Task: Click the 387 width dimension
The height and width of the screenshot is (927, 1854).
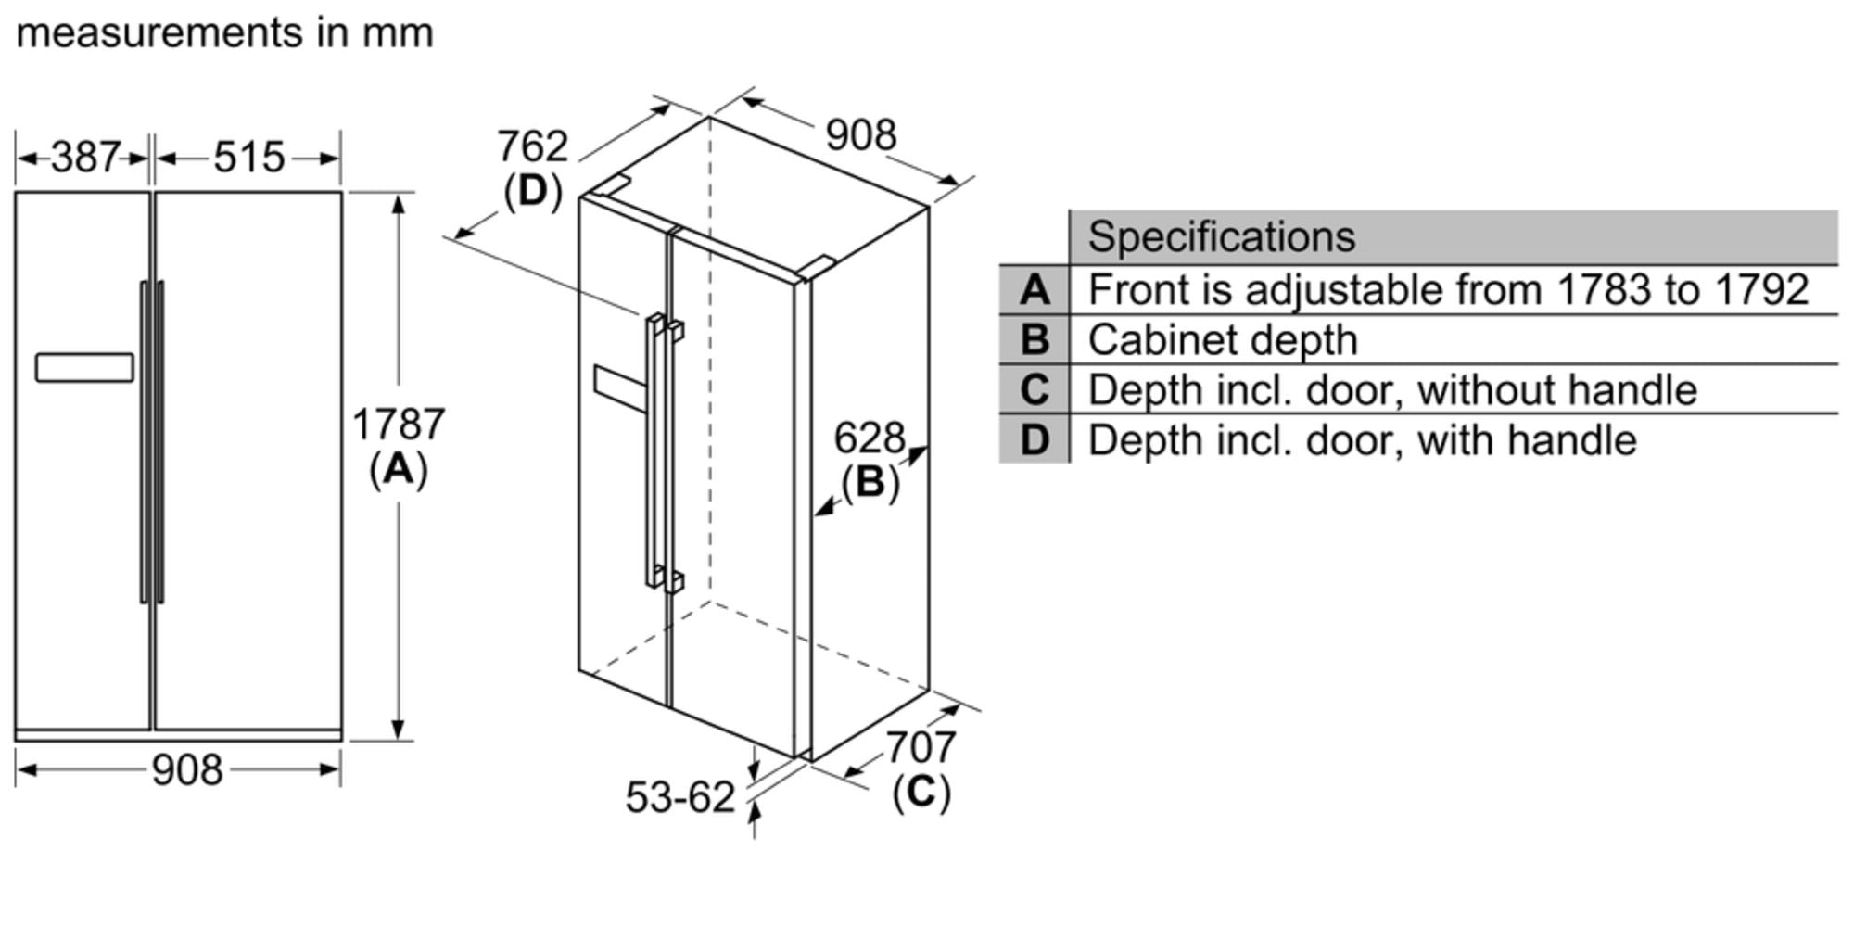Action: pos(85,157)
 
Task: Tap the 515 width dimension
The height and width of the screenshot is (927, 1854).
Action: pos(248,157)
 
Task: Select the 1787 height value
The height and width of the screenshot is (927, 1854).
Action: pos(399,425)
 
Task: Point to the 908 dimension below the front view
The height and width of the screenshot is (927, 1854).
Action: pos(187,769)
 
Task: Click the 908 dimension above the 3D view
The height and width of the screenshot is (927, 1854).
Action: pos(861,135)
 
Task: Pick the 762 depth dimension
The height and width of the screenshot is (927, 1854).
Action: pos(532,146)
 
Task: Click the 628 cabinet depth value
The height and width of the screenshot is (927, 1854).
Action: pos(870,438)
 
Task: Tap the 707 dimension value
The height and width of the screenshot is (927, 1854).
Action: pos(921,747)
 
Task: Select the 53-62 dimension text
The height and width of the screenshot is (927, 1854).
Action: pos(679,797)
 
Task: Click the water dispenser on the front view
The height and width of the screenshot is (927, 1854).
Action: pos(84,367)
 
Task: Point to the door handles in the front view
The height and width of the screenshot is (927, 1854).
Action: pos(152,442)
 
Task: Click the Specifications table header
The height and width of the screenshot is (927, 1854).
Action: pos(1221,237)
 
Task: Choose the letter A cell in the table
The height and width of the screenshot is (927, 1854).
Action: pos(1035,290)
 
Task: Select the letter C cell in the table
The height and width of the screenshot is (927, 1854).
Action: pos(1035,389)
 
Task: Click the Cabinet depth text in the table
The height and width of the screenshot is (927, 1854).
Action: pos(1223,340)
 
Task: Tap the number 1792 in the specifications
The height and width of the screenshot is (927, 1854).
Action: pos(1761,289)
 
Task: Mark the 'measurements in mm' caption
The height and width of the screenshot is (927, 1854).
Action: pos(225,33)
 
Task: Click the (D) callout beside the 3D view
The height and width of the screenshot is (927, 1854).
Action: pos(533,191)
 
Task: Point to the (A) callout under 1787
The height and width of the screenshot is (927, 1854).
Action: pos(399,469)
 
